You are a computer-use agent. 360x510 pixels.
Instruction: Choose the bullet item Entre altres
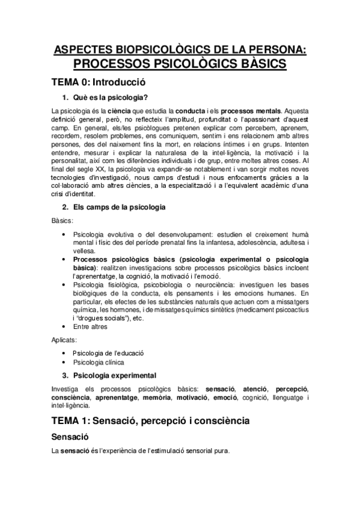click(x=90, y=327)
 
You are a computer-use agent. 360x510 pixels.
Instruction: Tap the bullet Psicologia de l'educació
click(x=108, y=353)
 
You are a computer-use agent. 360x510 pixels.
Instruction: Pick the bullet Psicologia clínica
click(x=99, y=362)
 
